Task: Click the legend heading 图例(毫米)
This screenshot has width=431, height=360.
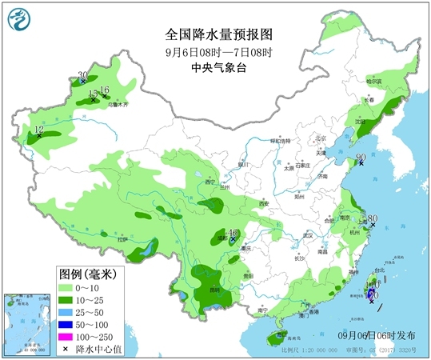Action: [x=86, y=274]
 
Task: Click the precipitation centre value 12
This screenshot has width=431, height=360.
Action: [x=38, y=129]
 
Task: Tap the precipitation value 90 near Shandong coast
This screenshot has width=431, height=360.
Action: [x=361, y=157]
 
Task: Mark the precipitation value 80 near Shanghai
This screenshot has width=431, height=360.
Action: [x=372, y=218]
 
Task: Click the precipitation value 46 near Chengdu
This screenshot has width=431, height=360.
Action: [x=233, y=233]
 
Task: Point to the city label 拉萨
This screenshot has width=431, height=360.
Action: [x=122, y=238]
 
